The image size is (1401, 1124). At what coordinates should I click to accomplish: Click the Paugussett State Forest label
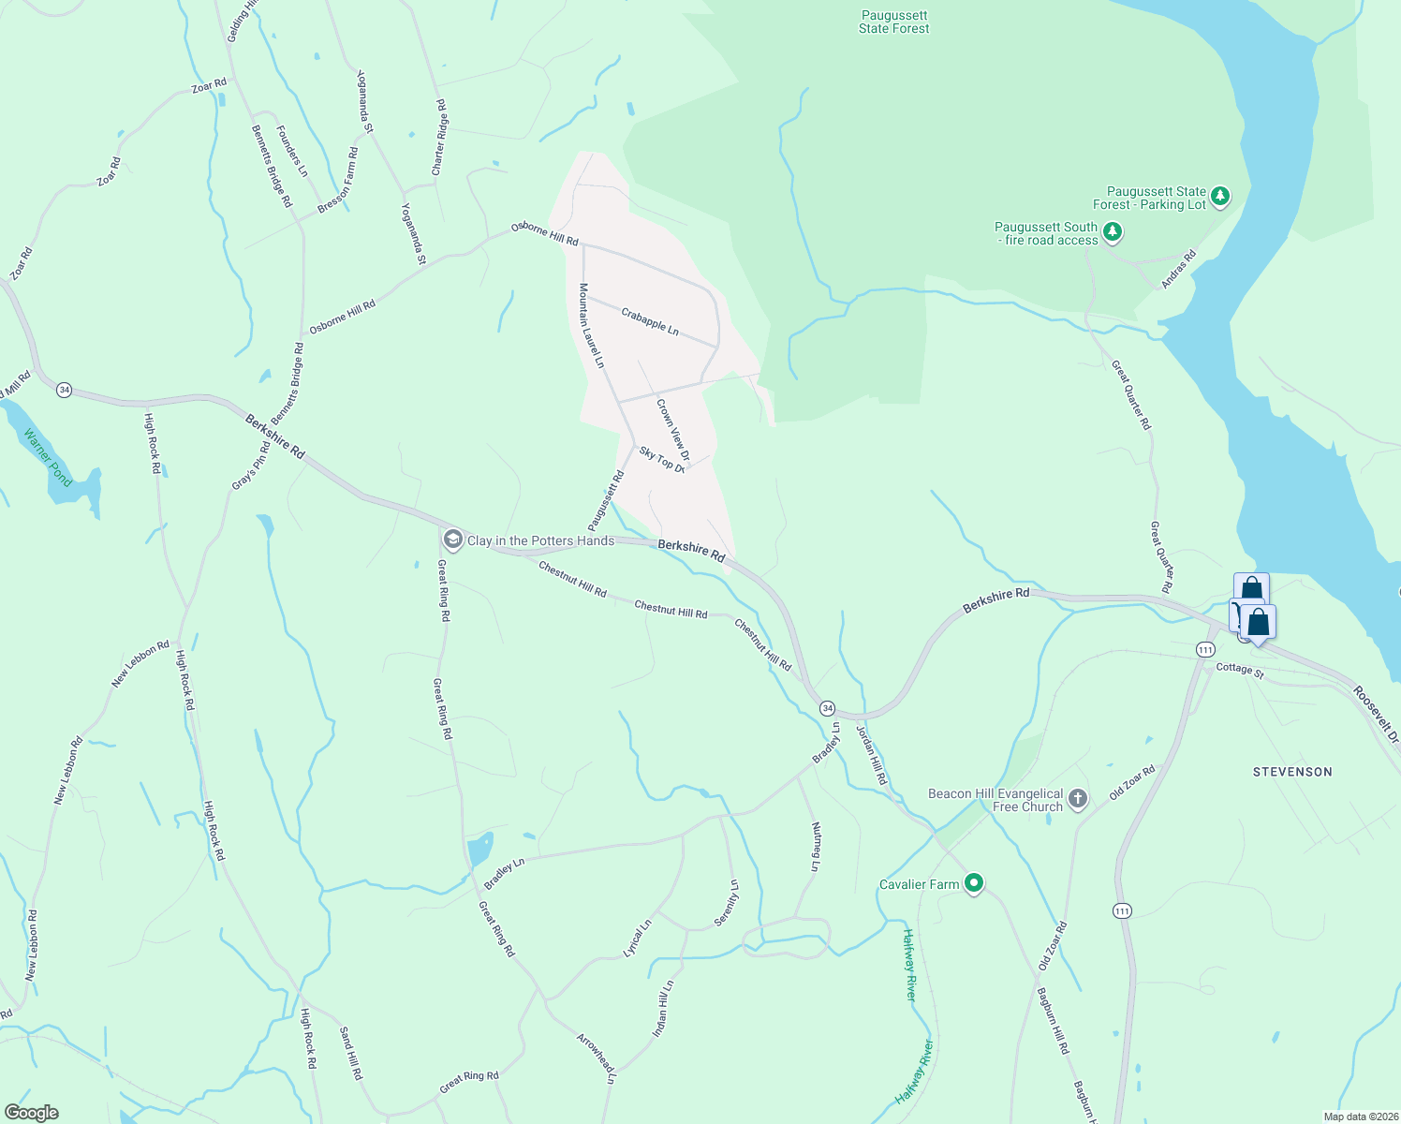click(x=893, y=22)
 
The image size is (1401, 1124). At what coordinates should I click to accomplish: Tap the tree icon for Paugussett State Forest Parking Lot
click(x=1219, y=197)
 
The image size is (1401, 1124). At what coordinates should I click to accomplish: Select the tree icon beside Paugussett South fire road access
click(x=1112, y=230)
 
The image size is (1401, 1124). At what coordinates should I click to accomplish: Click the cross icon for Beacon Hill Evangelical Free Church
click(x=1078, y=799)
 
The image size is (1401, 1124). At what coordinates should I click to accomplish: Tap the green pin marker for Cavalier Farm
click(x=974, y=882)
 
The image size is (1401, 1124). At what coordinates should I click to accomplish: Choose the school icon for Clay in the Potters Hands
click(x=453, y=540)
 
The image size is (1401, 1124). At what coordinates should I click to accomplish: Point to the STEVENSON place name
click(x=1292, y=772)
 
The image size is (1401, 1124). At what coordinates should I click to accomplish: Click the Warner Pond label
click(x=48, y=457)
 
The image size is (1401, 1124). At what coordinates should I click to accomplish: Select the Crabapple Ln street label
click(x=650, y=320)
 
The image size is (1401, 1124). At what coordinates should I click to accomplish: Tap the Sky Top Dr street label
click(x=662, y=459)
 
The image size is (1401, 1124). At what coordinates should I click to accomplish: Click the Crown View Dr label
click(x=673, y=430)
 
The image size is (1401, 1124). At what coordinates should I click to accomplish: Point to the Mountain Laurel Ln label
click(x=591, y=325)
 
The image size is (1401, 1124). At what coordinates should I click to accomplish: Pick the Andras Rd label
click(x=1179, y=269)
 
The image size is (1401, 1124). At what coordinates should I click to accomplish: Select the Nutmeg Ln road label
click(x=817, y=846)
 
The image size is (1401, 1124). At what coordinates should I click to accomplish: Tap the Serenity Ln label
click(x=727, y=903)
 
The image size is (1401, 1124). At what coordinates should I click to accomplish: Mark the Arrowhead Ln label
click(x=597, y=1058)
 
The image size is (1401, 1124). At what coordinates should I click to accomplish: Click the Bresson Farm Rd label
click(x=338, y=180)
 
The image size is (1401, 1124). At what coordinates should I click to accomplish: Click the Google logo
click(x=31, y=1113)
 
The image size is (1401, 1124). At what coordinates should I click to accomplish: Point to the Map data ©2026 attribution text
click(x=1359, y=1117)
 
